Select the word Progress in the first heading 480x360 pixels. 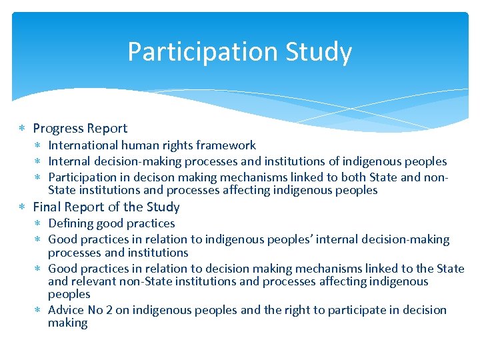point(57,128)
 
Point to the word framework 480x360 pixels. point(229,145)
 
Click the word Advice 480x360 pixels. point(67,310)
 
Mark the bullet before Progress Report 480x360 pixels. point(23,128)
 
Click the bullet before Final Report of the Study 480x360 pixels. point(23,207)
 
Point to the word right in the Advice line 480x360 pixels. point(299,310)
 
